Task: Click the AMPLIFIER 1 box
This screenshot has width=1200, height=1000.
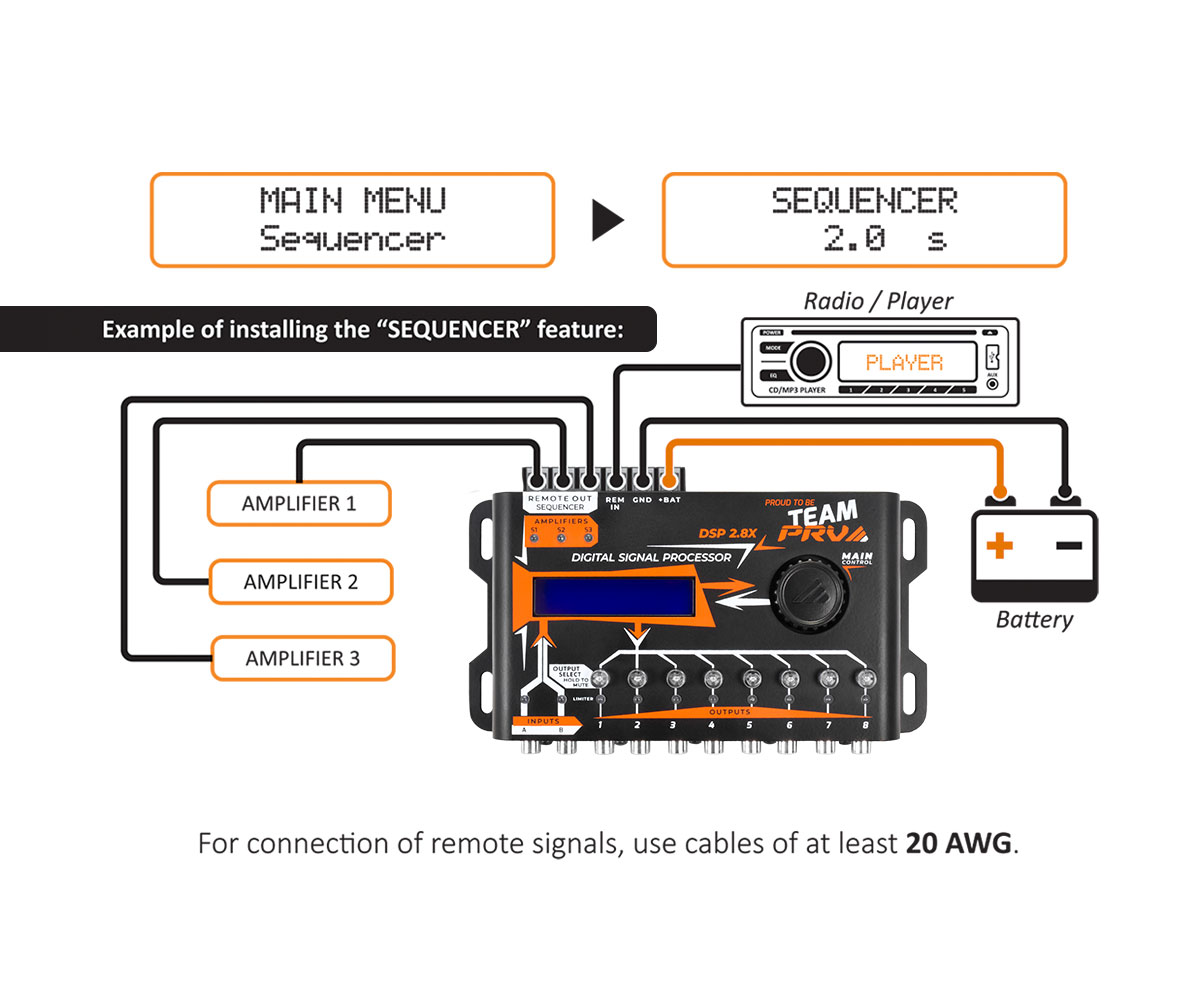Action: pyautogui.click(x=298, y=503)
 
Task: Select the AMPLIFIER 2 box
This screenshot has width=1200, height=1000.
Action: pyautogui.click(x=300, y=581)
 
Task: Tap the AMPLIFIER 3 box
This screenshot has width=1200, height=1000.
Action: pyautogui.click(x=302, y=659)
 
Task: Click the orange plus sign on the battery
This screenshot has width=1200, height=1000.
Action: pyautogui.click(x=999, y=546)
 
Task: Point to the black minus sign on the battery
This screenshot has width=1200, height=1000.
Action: pyautogui.click(x=1068, y=545)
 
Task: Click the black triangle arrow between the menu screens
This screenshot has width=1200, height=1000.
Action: pyautogui.click(x=607, y=221)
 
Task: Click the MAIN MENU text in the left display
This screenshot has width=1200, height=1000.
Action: pyautogui.click(x=352, y=201)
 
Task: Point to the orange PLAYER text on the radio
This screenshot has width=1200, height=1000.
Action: pyautogui.click(x=904, y=362)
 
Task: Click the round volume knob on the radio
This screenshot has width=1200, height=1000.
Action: pyautogui.click(x=810, y=361)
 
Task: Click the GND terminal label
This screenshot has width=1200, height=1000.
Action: pyautogui.click(x=642, y=499)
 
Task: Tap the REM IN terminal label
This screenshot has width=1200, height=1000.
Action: pyautogui.click(x=615, y=503)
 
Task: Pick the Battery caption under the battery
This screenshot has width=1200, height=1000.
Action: pyautogui.click(x=1034, y=620)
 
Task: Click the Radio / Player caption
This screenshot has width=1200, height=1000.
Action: pyautogui.click(x=878, y=300)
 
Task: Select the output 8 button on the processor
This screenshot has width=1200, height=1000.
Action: pyautogui.click(x=864, y=680)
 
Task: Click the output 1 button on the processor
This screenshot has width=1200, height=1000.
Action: pyautogui.click(x=600, y=680)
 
